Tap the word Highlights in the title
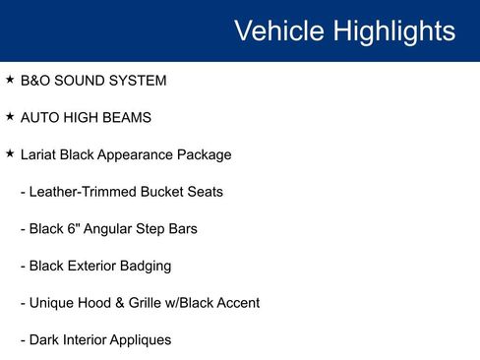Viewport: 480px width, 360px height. pos(395,30)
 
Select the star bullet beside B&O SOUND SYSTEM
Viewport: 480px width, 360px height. pos(10,80)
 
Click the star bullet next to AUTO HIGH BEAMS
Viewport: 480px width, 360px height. pos(10,117)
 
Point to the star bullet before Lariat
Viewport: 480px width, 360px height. pos(10,154)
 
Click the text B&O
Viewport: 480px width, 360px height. pos(36,81)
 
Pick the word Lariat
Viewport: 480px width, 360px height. pos(39,155)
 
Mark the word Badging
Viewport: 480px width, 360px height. pos(146,267)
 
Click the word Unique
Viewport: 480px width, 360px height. pos(51,303)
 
